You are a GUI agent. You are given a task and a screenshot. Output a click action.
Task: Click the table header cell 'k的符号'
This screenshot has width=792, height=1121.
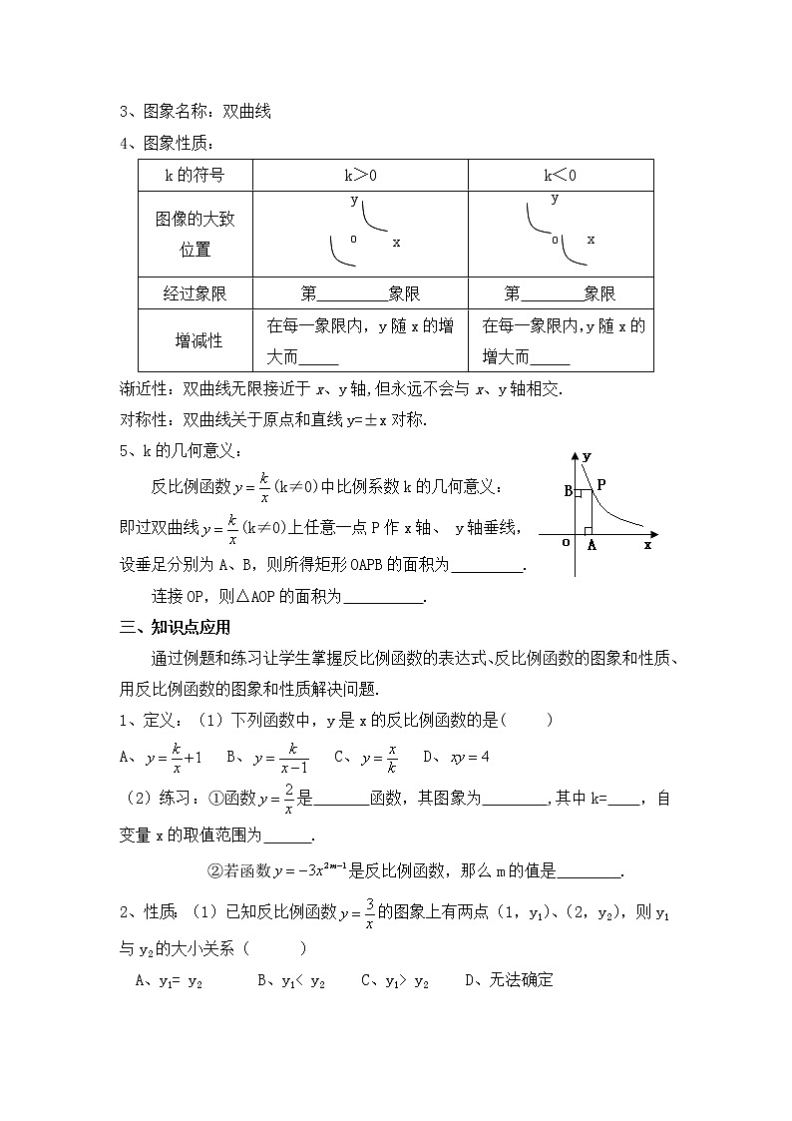(195, 175)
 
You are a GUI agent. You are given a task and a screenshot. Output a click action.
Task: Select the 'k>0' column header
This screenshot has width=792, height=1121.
(360, 175)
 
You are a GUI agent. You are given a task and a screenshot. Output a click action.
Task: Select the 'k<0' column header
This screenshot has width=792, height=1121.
(560, 175)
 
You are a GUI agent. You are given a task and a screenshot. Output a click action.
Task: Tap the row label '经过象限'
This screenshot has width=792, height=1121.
(195, 293)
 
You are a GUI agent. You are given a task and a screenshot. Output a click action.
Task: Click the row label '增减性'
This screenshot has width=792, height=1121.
(195, 340)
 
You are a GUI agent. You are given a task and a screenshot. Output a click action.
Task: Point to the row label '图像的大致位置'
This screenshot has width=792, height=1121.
(195, 234)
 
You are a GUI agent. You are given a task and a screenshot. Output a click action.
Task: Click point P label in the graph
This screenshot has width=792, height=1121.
(601, 483)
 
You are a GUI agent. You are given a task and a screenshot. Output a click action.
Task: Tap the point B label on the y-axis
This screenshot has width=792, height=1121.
(568, 491)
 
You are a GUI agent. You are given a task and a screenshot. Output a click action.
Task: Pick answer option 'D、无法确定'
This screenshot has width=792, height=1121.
(509, 980)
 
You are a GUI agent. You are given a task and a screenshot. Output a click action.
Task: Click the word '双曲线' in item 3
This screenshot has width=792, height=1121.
(246, 112)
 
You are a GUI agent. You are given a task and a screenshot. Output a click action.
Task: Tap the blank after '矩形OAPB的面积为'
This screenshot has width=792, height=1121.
(488, 566)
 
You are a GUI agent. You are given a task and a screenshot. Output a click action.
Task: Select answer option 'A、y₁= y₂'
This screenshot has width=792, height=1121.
(169, 980)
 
